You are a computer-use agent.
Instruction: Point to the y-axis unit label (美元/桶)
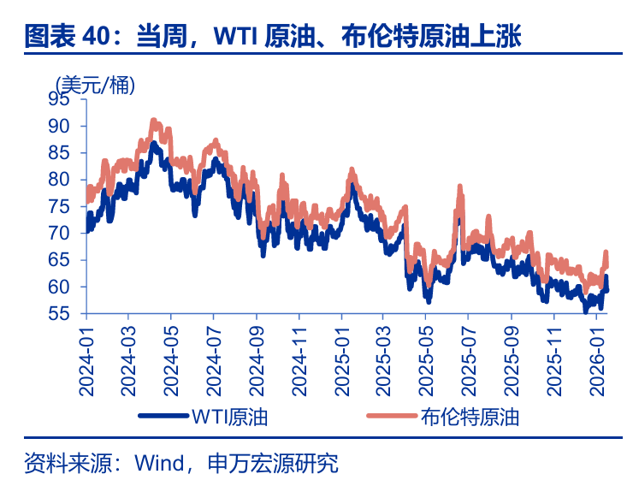[x=95, y=83]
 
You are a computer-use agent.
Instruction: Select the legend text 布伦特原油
[x=470, y=418]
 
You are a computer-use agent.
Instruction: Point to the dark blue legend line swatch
[x=163, y=418]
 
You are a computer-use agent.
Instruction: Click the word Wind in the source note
[x=157, y=464]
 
